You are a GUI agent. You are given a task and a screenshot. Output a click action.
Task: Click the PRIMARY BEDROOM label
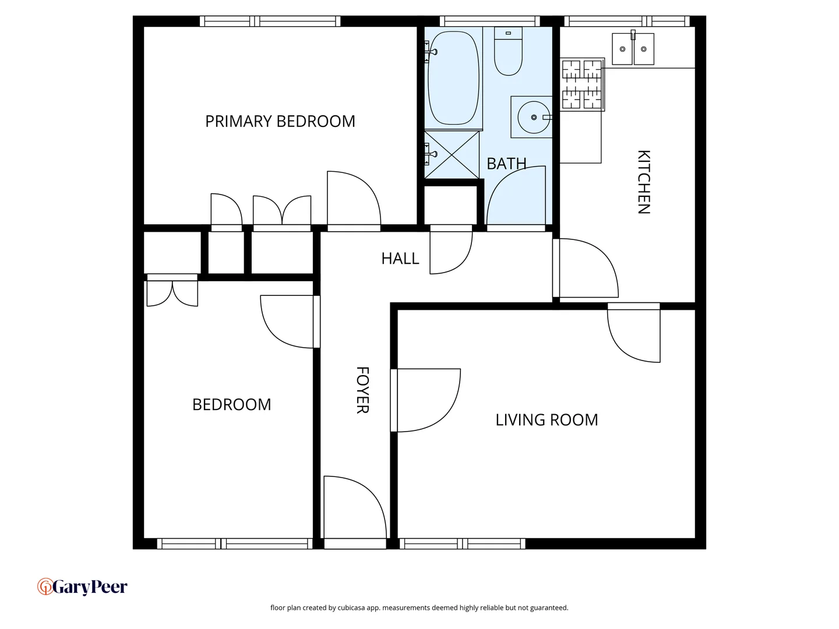(x=280, y=121)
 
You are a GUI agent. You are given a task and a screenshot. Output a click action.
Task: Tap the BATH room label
(x=506, y=164)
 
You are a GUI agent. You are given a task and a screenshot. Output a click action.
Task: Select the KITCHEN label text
(x=643, y=182)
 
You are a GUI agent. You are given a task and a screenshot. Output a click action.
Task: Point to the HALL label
(x=400, y=259)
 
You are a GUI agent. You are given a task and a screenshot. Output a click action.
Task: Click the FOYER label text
(x=362, y=390)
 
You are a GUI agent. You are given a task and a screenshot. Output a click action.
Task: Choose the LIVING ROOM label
(x=547, y=420)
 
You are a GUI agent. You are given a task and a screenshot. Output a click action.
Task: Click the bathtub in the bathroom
(x=453, y=77)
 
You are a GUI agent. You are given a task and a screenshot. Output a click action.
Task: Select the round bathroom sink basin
(x=533, y=117)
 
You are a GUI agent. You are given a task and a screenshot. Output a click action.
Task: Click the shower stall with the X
(x=452, y=154)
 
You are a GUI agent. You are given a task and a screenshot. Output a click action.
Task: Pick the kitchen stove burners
(x=581, y=85)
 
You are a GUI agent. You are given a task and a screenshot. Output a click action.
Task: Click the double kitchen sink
(x=633, y=49)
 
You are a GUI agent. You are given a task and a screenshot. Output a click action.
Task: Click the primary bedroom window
(x=270, y=22)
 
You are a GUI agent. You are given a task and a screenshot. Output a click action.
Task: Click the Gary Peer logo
(x=82, y=586)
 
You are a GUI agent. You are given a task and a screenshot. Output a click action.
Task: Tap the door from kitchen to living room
(x=634, y=332)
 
